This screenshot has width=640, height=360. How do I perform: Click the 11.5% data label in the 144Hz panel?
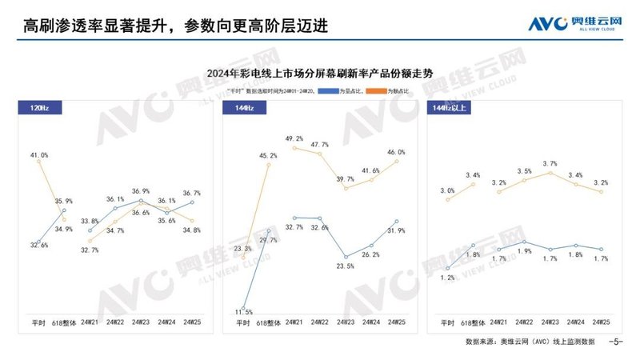click(x=244, y=312)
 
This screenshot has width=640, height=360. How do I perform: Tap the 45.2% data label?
click(x=268, y=156)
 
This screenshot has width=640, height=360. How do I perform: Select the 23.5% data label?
click(x=345, y=266)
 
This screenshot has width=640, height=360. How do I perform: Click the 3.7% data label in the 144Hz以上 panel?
click(x=550, y=164)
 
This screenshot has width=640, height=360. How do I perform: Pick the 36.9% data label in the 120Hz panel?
click(x=141, y=191)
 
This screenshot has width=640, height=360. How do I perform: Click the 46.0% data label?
click(x=396, y=152)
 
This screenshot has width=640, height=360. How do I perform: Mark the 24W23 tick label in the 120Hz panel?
click(x=141, y=322)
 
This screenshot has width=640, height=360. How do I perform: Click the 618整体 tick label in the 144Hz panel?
click(x=268, y=322)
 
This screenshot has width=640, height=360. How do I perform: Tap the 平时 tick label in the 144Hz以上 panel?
click(x=448, y=322)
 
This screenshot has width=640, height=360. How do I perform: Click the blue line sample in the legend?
click(x=326, y=93)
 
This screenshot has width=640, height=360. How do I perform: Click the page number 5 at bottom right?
click(x=616, y=342)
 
